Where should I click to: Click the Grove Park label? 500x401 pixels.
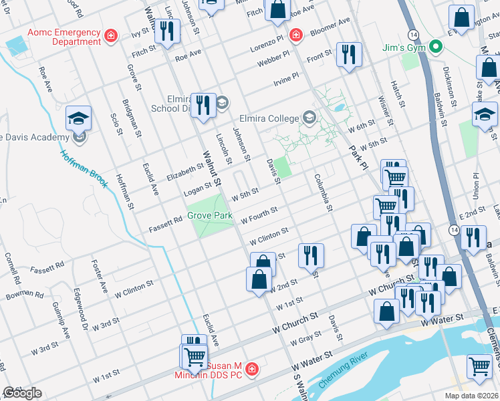click(x=209, y=216)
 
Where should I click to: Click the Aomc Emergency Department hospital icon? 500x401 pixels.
click(x=111, y=34)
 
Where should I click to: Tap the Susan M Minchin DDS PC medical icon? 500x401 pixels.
click(x=251, y=369)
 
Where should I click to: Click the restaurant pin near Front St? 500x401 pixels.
click(x=348, y=54)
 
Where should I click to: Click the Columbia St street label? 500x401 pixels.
click(x=323, y=193)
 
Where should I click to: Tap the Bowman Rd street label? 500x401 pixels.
click(x=25, y=295)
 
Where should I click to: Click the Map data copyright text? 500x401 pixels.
click(x=472, y=396)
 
